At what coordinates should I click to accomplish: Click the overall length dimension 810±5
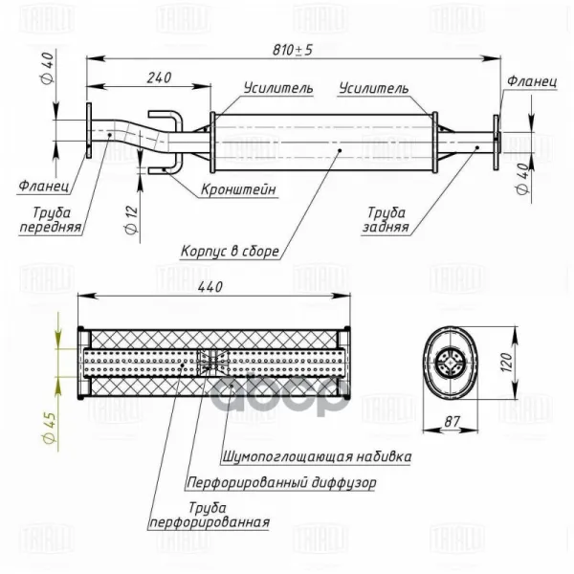coord(293,50)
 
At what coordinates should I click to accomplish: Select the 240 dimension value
coord(159,77)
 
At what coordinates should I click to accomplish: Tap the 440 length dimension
coord(210,287)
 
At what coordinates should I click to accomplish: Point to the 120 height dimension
coord(507,362)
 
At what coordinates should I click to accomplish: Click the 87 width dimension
coord(452,422)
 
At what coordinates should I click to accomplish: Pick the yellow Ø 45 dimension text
coord(50,428)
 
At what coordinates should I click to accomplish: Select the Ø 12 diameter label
coord(131,219)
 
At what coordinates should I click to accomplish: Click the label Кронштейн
coord(238,189)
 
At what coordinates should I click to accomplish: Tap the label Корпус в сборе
coord(230,251)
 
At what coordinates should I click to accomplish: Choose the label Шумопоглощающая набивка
coord(317,457)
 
